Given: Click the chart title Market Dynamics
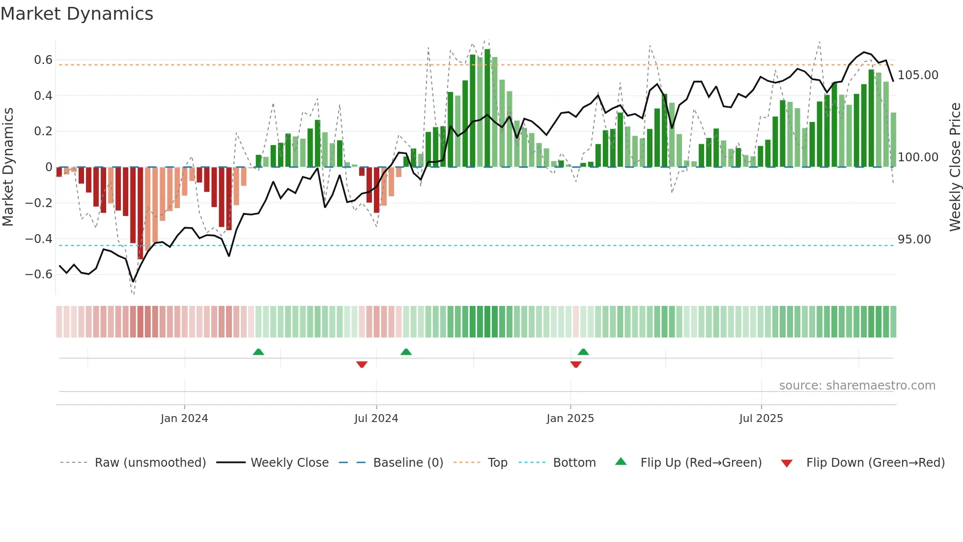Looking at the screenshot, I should [77, 14].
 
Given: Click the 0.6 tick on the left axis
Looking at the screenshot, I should [43, 60].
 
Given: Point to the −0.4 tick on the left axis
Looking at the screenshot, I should [39, 239].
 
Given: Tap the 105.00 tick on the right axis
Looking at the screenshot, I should [918, 75].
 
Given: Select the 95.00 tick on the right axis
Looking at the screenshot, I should [914, 240].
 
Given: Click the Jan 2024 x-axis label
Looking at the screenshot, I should [184, 419].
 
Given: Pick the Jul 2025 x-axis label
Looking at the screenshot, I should [761, 419].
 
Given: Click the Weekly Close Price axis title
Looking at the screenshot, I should [955, 167].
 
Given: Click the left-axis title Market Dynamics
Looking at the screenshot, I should [8, 167].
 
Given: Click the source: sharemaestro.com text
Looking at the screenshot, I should [857, 386].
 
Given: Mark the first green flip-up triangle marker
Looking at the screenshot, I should [258, 352].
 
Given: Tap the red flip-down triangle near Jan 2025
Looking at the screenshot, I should [576, 364].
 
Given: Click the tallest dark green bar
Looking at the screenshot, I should [487, 108].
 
